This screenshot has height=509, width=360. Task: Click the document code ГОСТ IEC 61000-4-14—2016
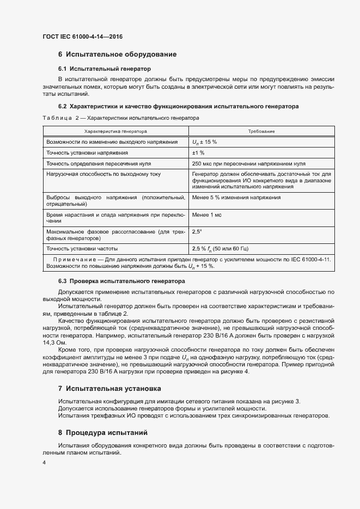click(x=83, y=36)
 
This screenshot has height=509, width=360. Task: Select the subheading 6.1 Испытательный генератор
click(x=104, y=69)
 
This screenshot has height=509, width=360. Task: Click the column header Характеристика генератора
click(x=115, y=131)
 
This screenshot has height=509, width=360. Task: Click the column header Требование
click(x=261, y=131)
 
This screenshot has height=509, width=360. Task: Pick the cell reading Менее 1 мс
click(x=207, y=214)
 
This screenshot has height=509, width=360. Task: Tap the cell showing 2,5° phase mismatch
click(x=197, y=231)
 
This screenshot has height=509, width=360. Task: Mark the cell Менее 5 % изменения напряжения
click(x=236, y=197)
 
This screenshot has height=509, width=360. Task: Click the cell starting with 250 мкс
click(x=248, y=163)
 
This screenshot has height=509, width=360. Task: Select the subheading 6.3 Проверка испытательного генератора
click(x=121, y=281)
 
